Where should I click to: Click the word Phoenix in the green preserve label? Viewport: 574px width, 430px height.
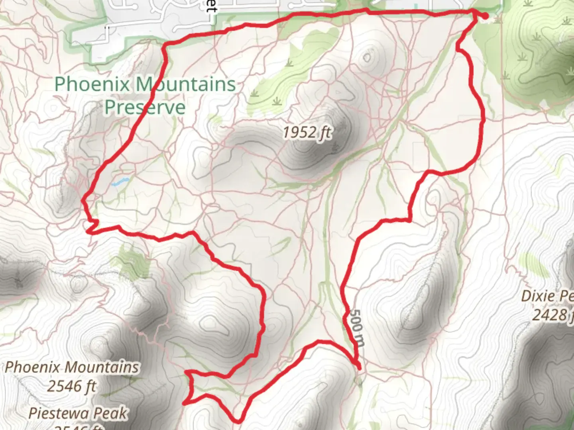pyautogui.click(x=92, y=84)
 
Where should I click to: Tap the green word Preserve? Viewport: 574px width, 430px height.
pyautogui.click(x=145, y=107)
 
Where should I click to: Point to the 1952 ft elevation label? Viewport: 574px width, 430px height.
pyautogui.click(x=307, y=132)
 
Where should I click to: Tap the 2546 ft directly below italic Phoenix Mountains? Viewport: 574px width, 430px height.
pyautogui.click(x=72, y=386)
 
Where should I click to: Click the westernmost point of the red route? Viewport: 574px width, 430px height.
pyautogui.click(x=83, y=202)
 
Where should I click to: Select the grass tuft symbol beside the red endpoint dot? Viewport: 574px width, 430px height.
pyautogui.click(x=496, y=19)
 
